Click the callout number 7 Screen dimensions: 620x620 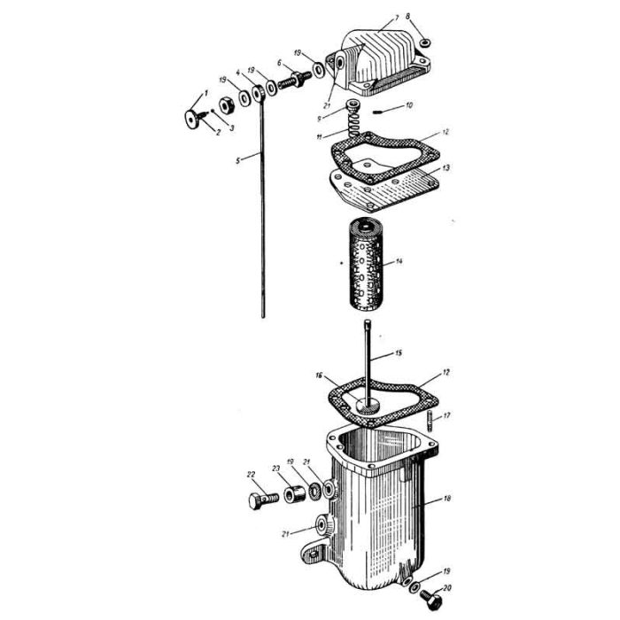pyautogui.click(x=397, y=19)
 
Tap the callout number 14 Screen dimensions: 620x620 pyautogui.click(x=399, y=261)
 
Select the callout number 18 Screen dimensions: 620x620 pyautogui.click(x=447, y=499)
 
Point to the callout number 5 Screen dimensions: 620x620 pyautogui.click(x=237, y=160)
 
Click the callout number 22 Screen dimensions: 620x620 pyautogui.click(x=251, y=475)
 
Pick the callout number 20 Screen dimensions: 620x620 pyautogui.click(x=446, y=588)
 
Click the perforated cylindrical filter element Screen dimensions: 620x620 pyautogui.click(x=366, y=266)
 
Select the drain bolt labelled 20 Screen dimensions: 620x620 pyautogui.click(x=430, y=598)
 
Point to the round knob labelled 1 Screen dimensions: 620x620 pyautogui.click(x=191, y=119)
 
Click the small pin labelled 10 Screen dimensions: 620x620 pyautogui.click(x=377, y=112)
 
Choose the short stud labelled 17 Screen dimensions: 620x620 pyautogui.click(x=430, y=421)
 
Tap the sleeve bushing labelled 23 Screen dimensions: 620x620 pyautogui.click(x=295, y=494)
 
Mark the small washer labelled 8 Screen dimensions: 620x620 pyautogui.click(x=425, y=43)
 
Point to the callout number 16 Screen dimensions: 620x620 pyautogui.click(x=319, y=375)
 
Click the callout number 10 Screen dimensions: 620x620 pyautogui.click(x=409, y=105)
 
